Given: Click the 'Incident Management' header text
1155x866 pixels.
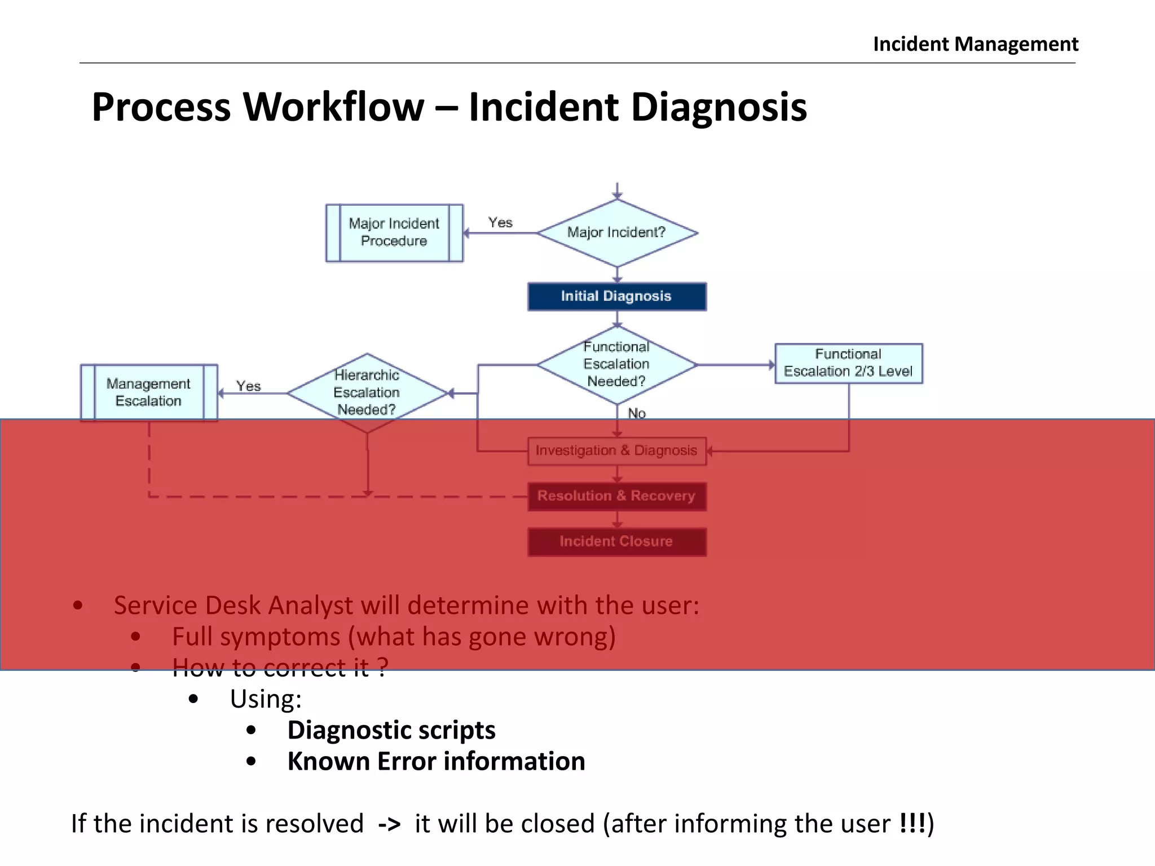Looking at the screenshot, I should (975, 44).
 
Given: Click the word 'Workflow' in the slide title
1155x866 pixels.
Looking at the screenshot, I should (333, 107).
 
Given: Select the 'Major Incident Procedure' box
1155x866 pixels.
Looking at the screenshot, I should (394, 233).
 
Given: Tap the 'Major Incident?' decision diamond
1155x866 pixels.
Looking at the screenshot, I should (617, 233).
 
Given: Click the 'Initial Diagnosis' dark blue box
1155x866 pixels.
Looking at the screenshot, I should (616, 297).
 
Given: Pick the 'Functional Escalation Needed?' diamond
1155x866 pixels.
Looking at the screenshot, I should (616, 365).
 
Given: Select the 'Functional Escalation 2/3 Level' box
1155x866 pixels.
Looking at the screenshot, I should (848, 363).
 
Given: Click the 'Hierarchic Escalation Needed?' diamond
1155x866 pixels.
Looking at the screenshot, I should (367, 393).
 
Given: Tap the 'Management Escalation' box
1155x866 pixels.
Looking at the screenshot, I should (149, 392).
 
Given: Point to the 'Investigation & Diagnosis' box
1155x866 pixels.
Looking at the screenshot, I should (616, 451).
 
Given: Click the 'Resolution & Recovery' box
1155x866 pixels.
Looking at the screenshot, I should (616, 496).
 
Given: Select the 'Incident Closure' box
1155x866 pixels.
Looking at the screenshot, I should (616, 542).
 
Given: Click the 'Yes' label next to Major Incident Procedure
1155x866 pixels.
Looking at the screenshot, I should (500, 223).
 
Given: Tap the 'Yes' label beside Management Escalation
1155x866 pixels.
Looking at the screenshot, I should (248, 386).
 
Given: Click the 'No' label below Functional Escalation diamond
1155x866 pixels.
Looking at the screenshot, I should (637, 413).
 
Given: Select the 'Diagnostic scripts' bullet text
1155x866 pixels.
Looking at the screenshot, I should (391, 730).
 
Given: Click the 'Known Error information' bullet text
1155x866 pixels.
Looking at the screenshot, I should (436, 761).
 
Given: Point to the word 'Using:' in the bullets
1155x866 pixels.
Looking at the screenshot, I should (266, 699).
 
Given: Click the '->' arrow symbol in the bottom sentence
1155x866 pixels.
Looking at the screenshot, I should (389, 824).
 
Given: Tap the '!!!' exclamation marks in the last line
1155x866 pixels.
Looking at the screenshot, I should (912, 823).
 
